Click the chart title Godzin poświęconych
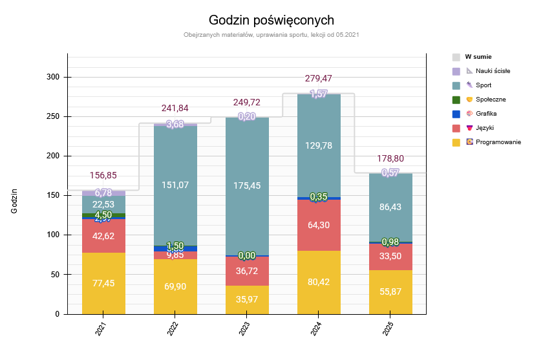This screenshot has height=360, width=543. click(271, 20)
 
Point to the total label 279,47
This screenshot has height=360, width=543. click(318, 78)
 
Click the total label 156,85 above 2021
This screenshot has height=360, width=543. click(103, 175)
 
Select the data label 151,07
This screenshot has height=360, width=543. click(175, 185)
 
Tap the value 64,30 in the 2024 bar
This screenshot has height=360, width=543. click(319, 226)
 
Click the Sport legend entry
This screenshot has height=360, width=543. click(483, 85)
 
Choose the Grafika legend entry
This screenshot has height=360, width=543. click(485, 113)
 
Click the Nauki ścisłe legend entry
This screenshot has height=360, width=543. click(492, 70)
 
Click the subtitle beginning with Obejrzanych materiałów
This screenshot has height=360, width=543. click(271, 34)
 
